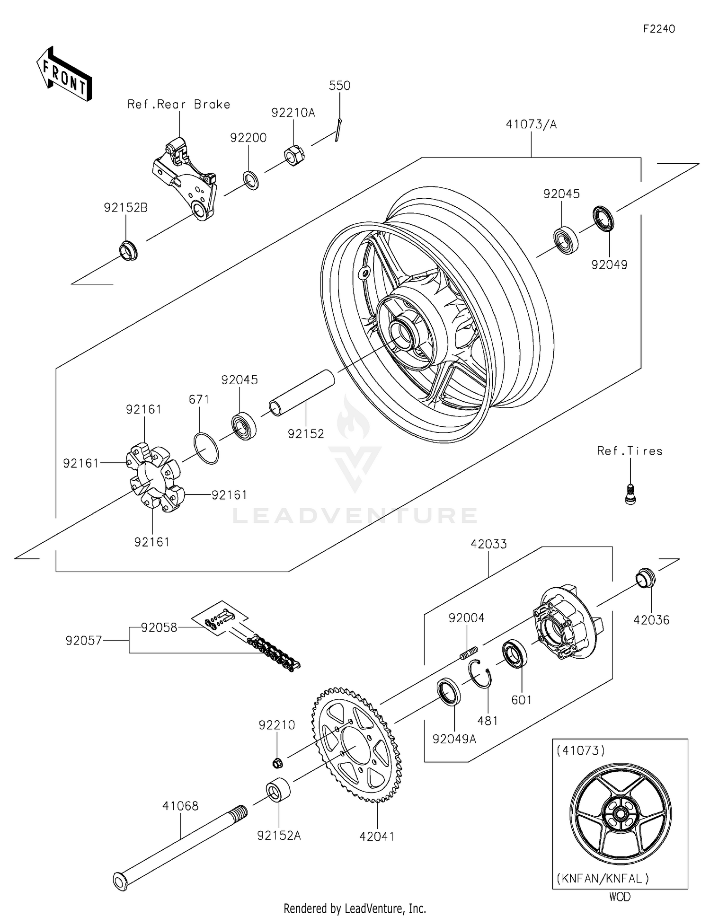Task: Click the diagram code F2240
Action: (658, 29)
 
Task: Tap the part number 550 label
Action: (339, 86)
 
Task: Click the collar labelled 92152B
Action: (128, 250)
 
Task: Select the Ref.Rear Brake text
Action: (179, 105)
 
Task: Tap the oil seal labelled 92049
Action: (603, 218)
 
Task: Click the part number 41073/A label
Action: (531, 125)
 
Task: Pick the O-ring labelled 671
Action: (206, 447)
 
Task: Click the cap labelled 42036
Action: (645, 578)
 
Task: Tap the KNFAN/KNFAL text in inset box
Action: (602, 879)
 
